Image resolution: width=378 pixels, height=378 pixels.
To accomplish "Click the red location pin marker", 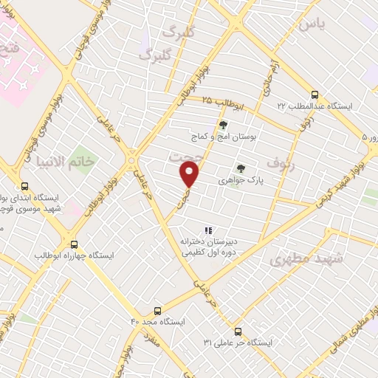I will pyautogui.click(x=190, y=174).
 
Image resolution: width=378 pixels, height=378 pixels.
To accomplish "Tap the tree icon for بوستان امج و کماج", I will pyautogui.click(x=223, y=125).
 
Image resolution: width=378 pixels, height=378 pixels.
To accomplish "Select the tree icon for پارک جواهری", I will pyautogui.click(x=240, y=168).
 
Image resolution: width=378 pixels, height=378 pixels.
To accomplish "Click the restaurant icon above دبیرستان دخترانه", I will pyautogui.click(x=208, y=230).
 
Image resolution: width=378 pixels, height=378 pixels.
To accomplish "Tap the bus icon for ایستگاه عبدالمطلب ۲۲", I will pyautogui.click(x=315, y=94).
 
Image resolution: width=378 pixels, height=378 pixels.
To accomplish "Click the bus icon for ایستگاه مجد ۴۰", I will pyautogui.click(x=157, y=311).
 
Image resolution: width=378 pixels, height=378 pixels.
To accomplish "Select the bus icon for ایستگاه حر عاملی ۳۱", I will pyautogui.click(x=237, y=331).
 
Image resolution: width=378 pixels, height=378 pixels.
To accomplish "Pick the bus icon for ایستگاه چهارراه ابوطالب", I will pyautogui.click(x=74, y=243).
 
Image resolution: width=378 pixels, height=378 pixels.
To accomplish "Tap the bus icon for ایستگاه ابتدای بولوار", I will pyautogui.click(x=25, y=187).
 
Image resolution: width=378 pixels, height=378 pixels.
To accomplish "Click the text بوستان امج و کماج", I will pyautogui.click(x=221, y=137).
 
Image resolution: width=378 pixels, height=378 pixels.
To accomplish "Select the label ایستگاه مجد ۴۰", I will pyautogui.click(x=156, y=322).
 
